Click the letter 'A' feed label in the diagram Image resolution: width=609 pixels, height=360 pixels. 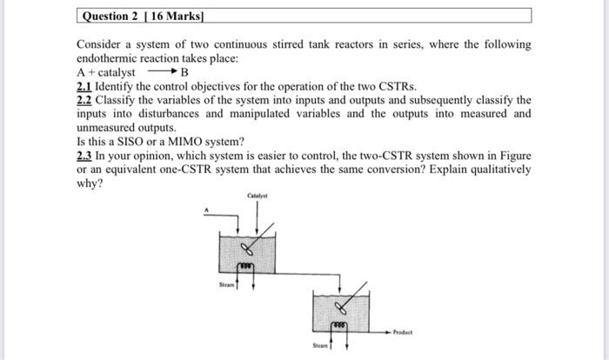[207, 210]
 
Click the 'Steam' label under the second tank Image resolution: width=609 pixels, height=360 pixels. [322, 344]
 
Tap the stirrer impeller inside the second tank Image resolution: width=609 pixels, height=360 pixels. [344, 306]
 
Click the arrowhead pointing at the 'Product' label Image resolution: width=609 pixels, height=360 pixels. [388, 331]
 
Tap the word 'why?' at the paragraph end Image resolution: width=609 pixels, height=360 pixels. [90, 183]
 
